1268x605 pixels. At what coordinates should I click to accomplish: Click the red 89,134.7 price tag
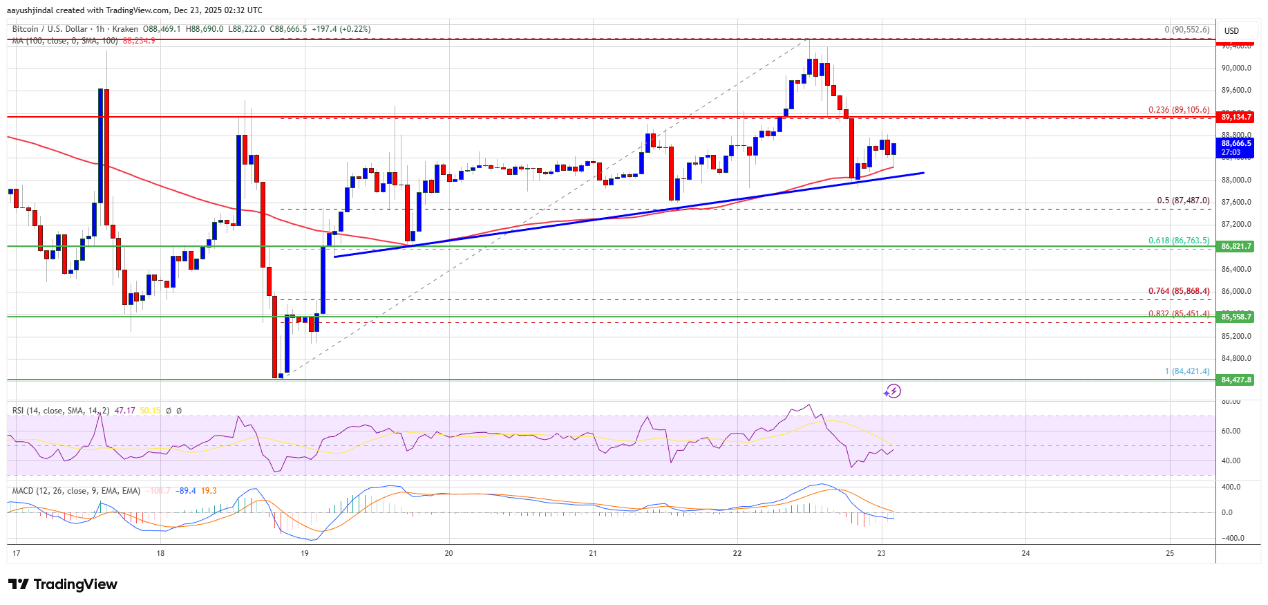(x=1236, y=118)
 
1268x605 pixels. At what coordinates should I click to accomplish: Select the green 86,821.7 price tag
(x=1236, y=246)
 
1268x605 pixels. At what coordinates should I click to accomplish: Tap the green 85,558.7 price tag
(x=1236, y=317)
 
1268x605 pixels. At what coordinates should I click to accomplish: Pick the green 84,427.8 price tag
(x=1236, y=380)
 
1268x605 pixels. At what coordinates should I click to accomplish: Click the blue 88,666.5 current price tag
(x=1236, y=147)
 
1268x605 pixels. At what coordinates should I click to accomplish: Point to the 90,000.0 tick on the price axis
(x=1236, y=68)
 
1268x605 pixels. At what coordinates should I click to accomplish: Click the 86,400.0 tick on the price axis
(x=1236, y=269)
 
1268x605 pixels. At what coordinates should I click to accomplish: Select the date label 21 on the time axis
(x=593, y=553)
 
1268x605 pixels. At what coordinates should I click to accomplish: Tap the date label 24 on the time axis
(x=1025, y=553)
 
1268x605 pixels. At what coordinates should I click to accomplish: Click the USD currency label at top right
(x=1231, y=30)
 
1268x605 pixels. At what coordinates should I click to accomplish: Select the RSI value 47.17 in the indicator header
(x=124, y=411)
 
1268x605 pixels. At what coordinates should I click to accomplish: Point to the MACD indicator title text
(x=76, y=491)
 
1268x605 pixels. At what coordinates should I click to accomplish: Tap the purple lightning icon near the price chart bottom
(x=892, y=391)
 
